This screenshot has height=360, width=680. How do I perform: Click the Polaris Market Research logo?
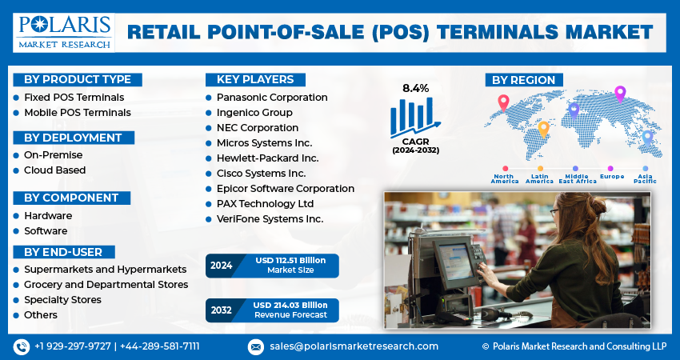[64, 33]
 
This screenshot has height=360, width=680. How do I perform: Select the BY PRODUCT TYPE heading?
[78, 80]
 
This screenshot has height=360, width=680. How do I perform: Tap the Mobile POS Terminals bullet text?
[78, 112]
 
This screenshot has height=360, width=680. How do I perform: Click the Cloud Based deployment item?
[54, 170]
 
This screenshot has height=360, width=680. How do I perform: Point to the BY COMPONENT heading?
[71, 198]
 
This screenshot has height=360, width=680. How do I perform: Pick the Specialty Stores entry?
[63, 300]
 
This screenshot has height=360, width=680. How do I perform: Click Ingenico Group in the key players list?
[254, 112]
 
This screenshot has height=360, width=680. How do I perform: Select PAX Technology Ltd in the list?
[265, 203]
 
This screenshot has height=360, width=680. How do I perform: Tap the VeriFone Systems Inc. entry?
[270, 219]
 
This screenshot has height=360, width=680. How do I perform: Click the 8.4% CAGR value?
[415, 88]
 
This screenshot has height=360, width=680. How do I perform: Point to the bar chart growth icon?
[415, 116]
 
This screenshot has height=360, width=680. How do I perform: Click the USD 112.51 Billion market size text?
[290, 260]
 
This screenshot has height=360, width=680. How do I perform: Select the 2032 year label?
[221, 310]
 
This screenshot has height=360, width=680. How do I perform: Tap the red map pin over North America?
[503, 102]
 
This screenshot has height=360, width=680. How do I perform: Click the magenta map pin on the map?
[620, 94]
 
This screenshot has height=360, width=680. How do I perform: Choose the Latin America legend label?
[539, 178]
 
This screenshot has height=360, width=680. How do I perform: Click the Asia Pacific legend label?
[646, 178]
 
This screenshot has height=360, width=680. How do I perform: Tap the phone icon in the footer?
[22, 346]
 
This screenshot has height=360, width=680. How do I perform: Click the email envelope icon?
[256, 347]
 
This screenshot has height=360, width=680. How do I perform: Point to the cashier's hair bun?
[598, 206]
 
